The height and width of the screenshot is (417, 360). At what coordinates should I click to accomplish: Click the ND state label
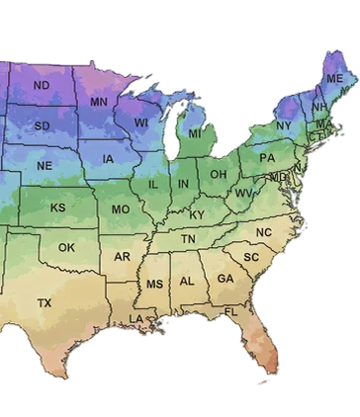pos(42,86)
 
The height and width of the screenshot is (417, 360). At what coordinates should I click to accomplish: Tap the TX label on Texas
pos(45,301)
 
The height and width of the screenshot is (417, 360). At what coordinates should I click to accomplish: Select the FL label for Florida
pos(230,312)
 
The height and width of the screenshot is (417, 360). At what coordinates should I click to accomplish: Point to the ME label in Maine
pos(335,78)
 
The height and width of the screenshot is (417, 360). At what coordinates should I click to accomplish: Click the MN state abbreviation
pos(99,102)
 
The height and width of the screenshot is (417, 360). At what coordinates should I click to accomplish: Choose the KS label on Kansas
pos(58,208)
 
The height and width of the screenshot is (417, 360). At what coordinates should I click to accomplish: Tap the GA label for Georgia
pos(225,279)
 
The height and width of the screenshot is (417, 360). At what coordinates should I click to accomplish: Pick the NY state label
pos(285,125)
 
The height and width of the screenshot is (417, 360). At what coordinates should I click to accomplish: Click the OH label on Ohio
pos(219,175)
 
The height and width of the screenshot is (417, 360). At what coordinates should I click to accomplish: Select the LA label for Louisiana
pos(136,318)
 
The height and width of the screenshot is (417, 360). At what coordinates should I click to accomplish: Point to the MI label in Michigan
pos(195,133)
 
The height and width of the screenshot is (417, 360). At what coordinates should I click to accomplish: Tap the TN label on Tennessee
pos(188,239)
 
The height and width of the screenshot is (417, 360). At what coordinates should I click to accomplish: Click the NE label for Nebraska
pos(45,165)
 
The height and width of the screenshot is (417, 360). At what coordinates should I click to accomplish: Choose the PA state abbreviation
pos(267,158)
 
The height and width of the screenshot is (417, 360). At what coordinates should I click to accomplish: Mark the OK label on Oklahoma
pos(66,247)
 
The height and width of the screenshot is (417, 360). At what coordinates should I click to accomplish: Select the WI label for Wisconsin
pos(141,123)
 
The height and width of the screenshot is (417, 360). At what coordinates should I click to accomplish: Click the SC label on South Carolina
pos(251,257)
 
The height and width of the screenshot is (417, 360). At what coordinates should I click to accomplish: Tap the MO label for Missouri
pos(121,209)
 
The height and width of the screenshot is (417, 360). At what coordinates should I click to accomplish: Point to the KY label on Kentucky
pos(197,214)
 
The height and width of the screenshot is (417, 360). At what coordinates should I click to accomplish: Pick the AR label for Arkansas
pos(123,257)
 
